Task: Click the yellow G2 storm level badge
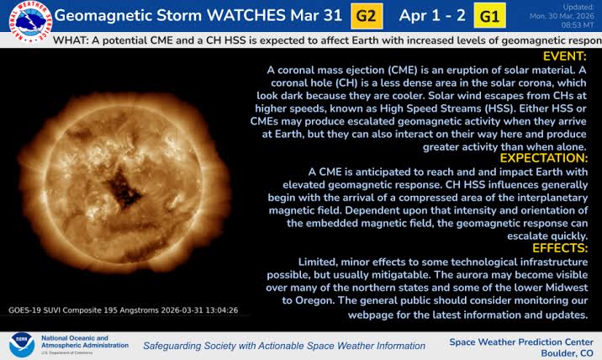click(x=367, y=15)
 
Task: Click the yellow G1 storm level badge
click(x=489, y=15)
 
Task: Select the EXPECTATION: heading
click(x=542, y=158)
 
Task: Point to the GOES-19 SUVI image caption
click(x=124, y=310)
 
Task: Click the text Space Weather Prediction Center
click(x=520, y=341)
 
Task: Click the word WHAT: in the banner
click(x=71, y=40)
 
